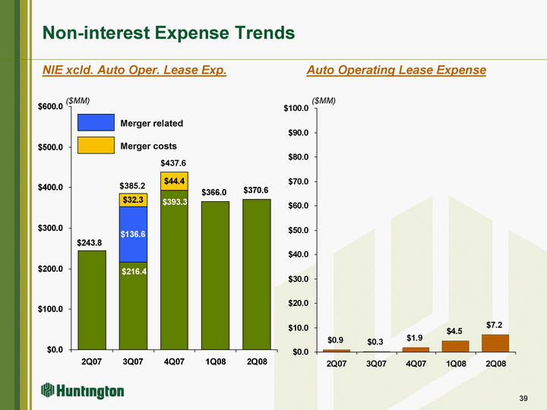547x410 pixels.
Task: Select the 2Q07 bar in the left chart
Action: [91, 300]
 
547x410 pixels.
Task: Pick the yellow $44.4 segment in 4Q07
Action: [174, 180]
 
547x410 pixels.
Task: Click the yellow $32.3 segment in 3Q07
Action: [133, 200]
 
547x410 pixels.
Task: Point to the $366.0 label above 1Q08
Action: [215, 193]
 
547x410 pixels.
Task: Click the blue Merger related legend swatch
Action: [96, 123]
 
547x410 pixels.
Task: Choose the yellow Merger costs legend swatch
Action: [96, 145]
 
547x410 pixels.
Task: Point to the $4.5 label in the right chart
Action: [454, 331]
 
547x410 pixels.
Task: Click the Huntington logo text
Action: [93, 391]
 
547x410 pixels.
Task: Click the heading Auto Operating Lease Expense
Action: [396, 70]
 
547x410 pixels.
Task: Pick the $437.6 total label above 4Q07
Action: [174, 163]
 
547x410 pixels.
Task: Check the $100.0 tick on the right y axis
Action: [296, 108]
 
